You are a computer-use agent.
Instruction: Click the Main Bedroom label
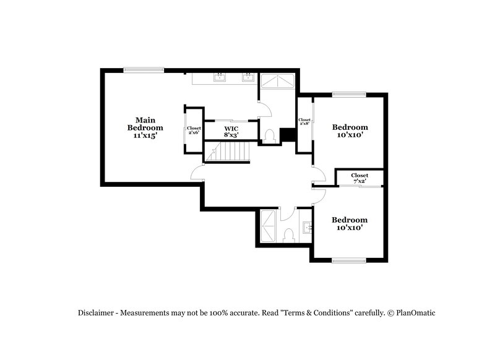point(145,127)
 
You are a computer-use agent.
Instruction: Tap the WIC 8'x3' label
point(231,131)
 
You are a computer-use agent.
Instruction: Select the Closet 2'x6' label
point(194,130)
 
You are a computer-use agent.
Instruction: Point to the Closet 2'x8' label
point(304,122)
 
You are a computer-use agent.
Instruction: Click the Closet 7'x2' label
point(359,179)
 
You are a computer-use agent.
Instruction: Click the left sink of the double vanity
point(220,77)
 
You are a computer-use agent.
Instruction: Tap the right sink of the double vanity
point(248,77)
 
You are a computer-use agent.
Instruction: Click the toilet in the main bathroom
point(269,135)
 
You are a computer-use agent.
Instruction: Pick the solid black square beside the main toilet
point(288,135)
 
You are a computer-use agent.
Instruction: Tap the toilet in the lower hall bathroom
point(287,235)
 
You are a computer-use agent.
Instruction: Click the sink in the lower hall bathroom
point(308,228)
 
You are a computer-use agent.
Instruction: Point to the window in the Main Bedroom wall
point(143,69)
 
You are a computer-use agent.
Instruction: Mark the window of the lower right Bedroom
point(350,260)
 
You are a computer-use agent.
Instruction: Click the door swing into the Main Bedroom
point(197,173)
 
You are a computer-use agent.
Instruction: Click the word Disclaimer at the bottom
point(96,313)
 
